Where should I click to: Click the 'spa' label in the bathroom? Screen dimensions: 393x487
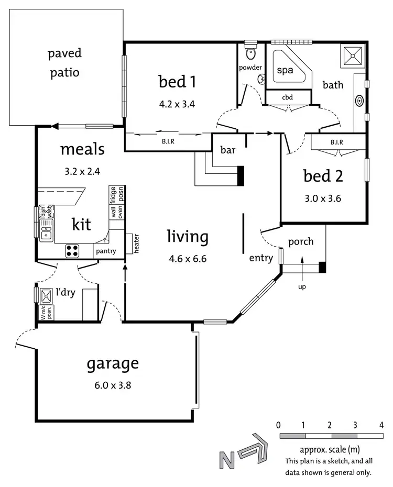click(285, 70)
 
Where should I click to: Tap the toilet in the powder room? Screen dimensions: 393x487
click(250, 52)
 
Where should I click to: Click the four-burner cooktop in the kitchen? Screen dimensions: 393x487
click(72, 251)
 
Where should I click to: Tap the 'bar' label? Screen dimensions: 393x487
click(228, 150)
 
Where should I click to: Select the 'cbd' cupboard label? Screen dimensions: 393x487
click(287, 97)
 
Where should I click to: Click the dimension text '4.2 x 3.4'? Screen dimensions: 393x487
click(177, 104)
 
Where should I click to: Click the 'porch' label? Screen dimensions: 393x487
click(301, 241)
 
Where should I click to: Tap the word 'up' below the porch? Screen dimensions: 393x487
click(302, 287)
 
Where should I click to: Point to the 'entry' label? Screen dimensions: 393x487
click(260, 258)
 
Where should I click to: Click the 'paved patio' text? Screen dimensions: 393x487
click(65, 62)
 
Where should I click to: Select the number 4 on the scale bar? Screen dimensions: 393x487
click(381, 425)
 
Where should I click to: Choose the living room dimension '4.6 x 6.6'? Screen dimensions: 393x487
click(188, 258)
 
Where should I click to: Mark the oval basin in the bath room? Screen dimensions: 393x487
click(360, 99)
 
